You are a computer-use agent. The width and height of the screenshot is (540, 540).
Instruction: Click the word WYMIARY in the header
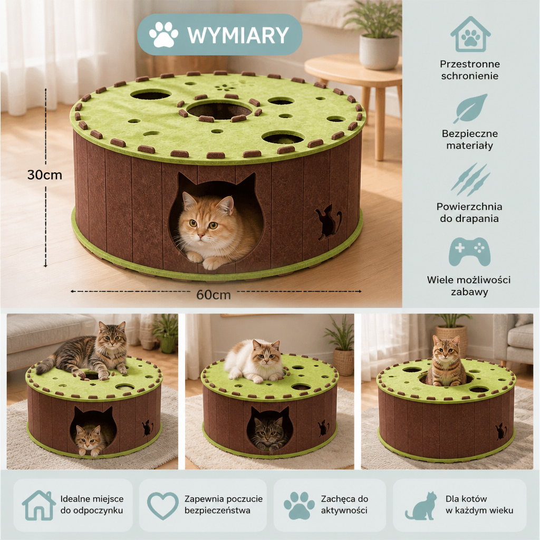pyautogui.click(x=238, y=35)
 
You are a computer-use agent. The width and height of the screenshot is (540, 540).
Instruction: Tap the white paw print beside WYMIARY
pyautogui.click(x=163, y=34)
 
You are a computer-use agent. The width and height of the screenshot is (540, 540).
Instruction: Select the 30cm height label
pyautogui.click(x=45, y=175)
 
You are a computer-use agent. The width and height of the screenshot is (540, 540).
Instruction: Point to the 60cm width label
pyautogui.click(x=214, y=295)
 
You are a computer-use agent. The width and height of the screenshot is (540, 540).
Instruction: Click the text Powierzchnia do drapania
pyautogui.click(x=469, y=213)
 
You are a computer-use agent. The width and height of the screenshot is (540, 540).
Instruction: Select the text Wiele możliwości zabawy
pyautogui.click(x=469, y=286)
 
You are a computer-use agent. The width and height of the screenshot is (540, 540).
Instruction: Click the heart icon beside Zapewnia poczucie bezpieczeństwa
pyautogui.click(x=163, y=506)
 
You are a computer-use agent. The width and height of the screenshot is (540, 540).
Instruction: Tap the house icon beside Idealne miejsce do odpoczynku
pyautogui.click(x=39, y=505)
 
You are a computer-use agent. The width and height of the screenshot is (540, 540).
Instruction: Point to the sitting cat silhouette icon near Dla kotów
pyautogui.click(x=421, y=506)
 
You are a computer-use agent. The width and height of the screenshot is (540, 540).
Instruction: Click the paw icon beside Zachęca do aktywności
pyautogui.click(x=300, y=506)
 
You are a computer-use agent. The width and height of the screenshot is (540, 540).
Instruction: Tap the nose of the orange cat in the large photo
pyautogui.click(x=199, y=235)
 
